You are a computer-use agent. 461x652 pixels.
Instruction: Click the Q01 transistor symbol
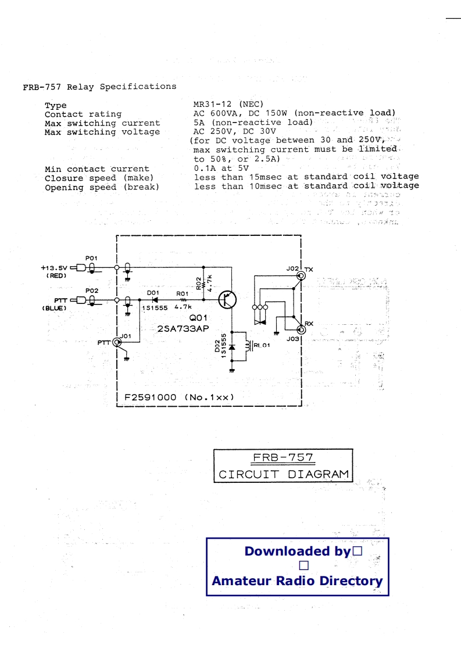click(x=227, y=299)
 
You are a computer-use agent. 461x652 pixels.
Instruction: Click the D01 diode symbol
click(x=155, y=300)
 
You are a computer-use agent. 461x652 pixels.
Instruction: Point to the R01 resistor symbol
click(x=183, y=300)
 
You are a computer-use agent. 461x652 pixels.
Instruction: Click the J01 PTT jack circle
click(x=117, y=342)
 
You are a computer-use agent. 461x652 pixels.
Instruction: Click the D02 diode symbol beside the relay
click(x=231, y=348)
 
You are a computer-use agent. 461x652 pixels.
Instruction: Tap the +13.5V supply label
click(x=54, y=268)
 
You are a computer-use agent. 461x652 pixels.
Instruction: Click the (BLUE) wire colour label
click(x=55, y=308)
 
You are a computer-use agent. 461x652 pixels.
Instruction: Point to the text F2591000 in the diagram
click(x=151, y=397)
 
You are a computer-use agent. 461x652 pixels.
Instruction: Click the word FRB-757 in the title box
click(x=283, y=458)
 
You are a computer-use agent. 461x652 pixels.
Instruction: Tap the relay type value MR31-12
click(x=215, y=105)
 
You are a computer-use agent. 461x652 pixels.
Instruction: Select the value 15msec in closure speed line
click(x=265, y=177)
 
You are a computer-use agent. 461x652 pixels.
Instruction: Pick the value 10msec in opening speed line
click(x=265, y=186)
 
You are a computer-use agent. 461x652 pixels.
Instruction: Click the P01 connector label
click(x=92, y=257)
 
